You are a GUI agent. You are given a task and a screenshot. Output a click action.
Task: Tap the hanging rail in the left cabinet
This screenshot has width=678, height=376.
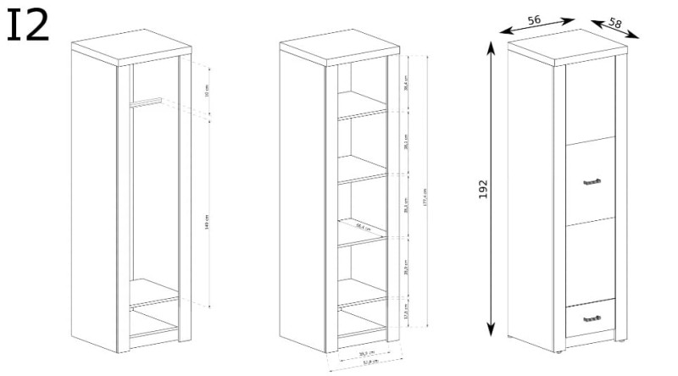pos(145,103)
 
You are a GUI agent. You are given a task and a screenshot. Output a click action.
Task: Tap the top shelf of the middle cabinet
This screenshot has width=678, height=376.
pos(363,113)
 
